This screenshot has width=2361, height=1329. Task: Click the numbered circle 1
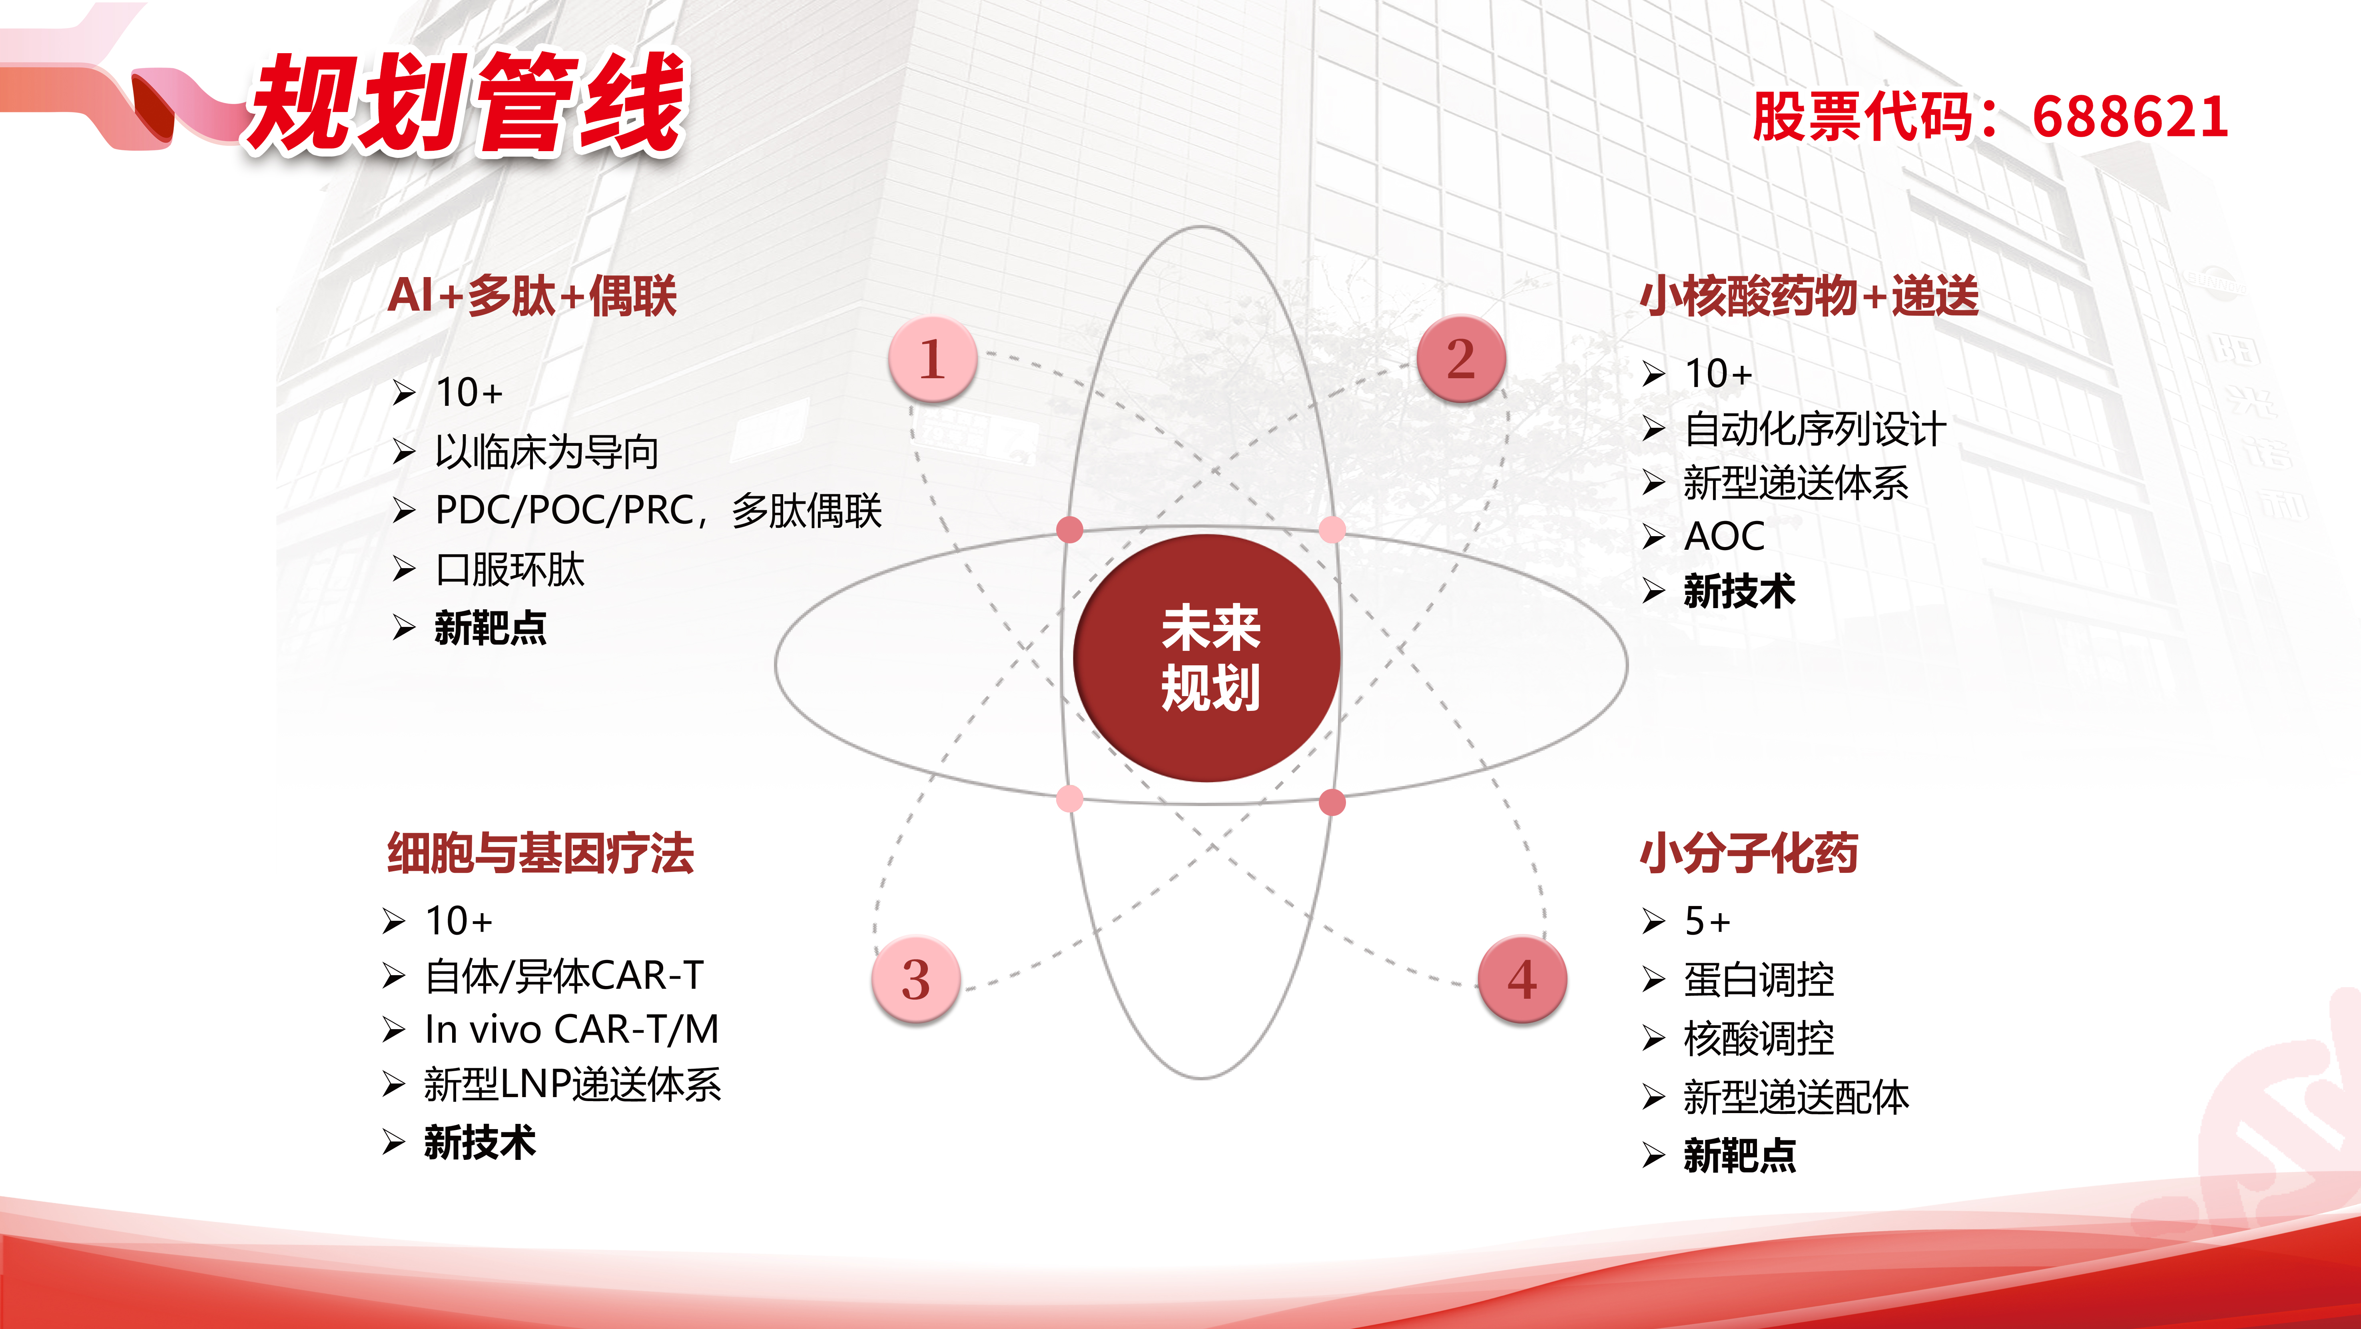(932, 358)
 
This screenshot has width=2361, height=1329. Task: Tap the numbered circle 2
(1461, 358)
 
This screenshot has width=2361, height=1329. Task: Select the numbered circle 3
(915, 979)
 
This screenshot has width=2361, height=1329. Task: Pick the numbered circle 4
(1522, 979)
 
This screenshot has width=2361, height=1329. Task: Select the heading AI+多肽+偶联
(532, 296)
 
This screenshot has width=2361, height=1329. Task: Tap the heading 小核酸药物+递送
(1809, 296)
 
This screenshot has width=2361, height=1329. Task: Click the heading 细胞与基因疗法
(541, 853)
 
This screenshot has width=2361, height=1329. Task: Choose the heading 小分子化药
(1749, 853)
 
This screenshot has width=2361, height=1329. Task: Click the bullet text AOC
(1724, 536)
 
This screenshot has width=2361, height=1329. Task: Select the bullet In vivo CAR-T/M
(571, 1029)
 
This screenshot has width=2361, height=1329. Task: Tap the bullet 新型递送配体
(1797, 1097)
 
